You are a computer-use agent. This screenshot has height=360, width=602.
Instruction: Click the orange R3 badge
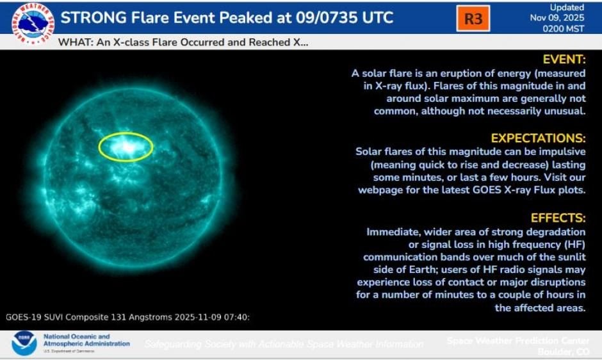coord(473,19)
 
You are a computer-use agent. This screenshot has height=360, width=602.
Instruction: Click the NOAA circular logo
coord(24,343)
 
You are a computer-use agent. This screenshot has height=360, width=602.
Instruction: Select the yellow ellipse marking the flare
coord(126,147)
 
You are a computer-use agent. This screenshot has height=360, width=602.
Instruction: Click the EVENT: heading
coord(564,60)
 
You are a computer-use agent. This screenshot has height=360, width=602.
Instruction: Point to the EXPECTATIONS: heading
coord(538,138)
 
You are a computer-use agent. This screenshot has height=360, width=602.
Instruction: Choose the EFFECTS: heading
coord(558,218)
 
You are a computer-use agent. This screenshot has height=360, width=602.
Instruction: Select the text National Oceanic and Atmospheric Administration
coord(86,340)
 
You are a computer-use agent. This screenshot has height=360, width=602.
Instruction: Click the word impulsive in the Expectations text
coord(562,152)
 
